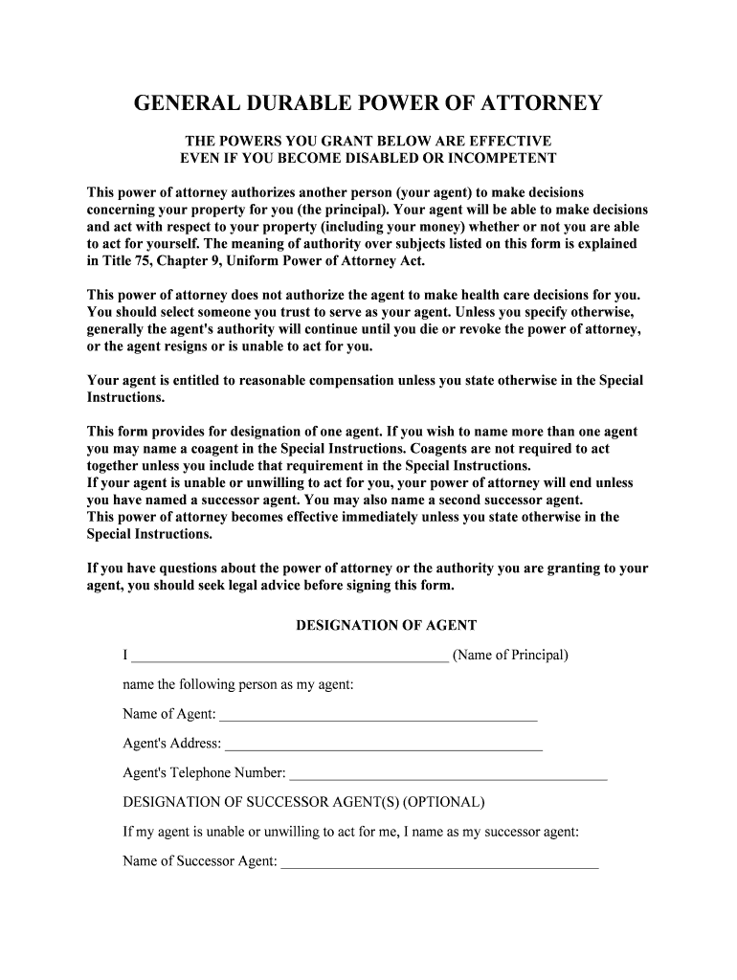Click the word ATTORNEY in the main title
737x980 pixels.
pyautogui.click(x=533, y=102)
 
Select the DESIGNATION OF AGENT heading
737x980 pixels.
pyautogui.click(x=386, y=625)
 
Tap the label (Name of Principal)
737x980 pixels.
pyautogui.click(x=510, y=656)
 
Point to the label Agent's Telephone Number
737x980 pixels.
pyautogui.click(x=204, y=772)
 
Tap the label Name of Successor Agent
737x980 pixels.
pyautogui.click(x=199, y=860)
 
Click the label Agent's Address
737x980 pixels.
pyautogui.click(x=171, y=744)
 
